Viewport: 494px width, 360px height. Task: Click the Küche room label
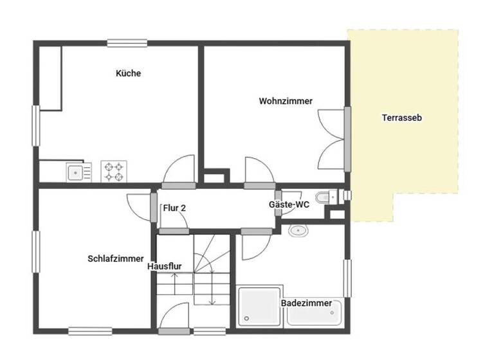click(x=128, y=73)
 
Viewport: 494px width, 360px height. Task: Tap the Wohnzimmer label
click(x=286, y=101)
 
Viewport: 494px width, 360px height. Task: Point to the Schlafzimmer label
click(x=116, y=258)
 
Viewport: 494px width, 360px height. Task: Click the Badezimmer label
click(x=306, y=303)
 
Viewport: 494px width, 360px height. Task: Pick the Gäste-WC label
click(x=289, y=204)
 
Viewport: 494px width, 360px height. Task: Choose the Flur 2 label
click(x=174, y=208)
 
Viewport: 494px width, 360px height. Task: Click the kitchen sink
click(x=75, y=172)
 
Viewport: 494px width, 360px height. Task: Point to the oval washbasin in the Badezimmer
click(x=298, y=231)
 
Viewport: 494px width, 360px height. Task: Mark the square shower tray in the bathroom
click(x=259, y=307)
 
